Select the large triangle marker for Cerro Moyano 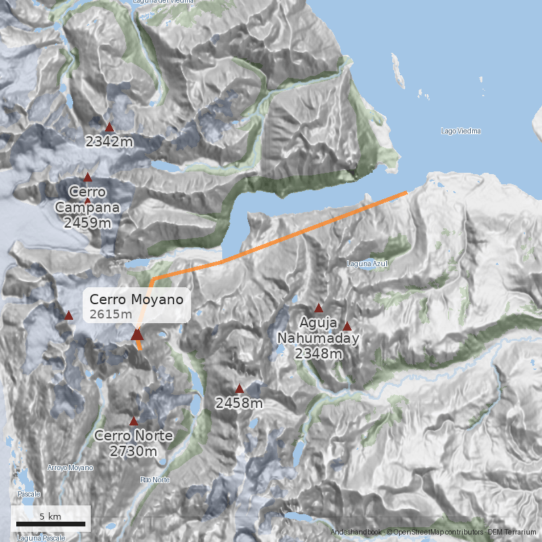[x=138, y=333]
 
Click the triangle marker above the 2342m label [x=110, y=127]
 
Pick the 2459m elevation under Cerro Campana [x=87, y=222]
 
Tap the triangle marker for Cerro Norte [x=133, y=421]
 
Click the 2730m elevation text [x=133, y=451]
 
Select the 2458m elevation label [x=239, y=404]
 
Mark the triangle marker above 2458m [x=239, y=388]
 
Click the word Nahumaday [x=318, y=337]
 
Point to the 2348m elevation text [x=318, y=353]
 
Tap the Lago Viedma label [x=461, y=131]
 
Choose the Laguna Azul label [x=367, y=264]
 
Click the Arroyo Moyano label [x=70, y=467]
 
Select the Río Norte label [x=154, y=480]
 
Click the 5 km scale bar [x=51, y=524]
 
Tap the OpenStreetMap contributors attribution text [x=434, y=533]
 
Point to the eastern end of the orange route [x=406, y=193]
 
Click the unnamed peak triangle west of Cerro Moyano [x=68, y=315]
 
